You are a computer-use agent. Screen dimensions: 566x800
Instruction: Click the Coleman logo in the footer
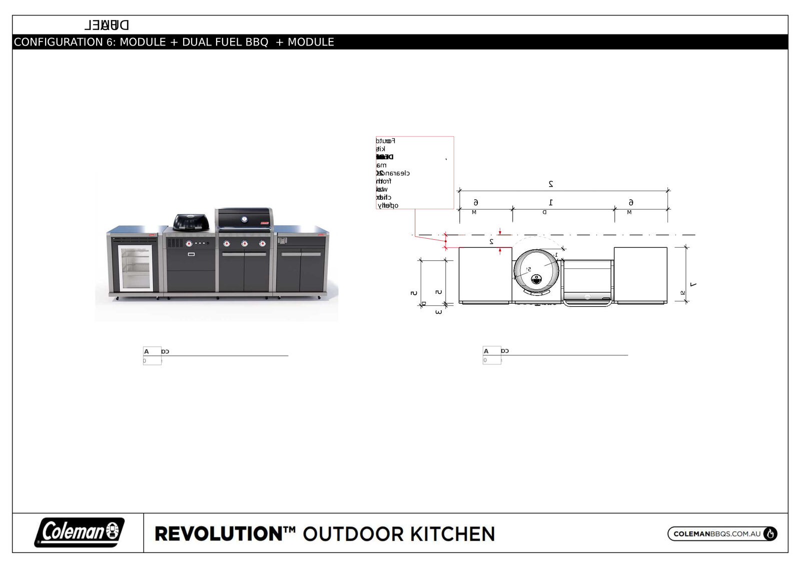(79, 532)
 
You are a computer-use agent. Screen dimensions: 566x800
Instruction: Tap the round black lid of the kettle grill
(191, 221)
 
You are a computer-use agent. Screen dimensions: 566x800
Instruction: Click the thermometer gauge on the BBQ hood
(244, 219)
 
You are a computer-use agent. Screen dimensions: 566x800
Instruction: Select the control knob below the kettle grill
(189, 244)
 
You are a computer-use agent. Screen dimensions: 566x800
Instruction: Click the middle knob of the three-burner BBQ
(245, 244)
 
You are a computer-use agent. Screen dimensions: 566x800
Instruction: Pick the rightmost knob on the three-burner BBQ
(262, 244)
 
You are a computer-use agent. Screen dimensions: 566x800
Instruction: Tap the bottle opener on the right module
(282, 241)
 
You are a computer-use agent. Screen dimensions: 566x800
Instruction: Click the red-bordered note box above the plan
(415, 172)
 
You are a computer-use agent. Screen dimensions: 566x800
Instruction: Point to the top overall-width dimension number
(551, 184)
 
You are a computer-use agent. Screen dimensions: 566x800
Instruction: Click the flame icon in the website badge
(770, 534)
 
